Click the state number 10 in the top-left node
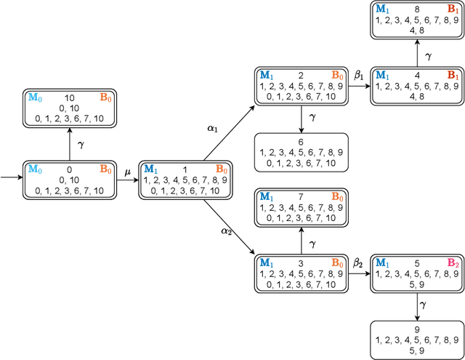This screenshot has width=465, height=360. click(70, 97)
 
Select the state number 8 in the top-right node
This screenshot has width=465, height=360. click(418, 9)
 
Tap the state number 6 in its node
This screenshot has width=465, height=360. click(301, 143)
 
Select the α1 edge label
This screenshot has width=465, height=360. click(212, 127)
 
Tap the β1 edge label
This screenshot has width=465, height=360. click(357, 75)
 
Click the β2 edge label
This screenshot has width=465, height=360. click(357, 263)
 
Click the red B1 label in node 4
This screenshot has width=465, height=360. click(453, 75)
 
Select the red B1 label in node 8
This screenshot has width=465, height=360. click(453, 9)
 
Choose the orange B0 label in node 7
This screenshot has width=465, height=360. click(337, 197)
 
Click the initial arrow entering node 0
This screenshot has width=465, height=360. click(12, 177)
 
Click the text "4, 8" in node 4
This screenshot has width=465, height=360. click(417, 95)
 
